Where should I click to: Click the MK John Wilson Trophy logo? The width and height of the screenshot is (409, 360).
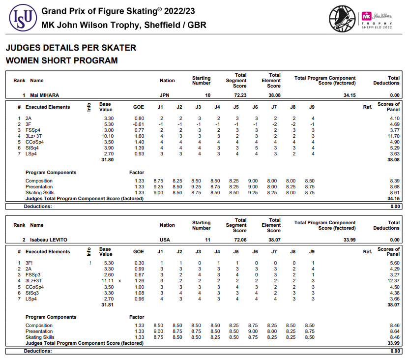click(366, 18)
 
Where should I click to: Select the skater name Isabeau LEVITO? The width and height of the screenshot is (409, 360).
click(49, 240)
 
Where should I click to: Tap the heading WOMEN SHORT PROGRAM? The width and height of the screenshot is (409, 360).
click(61, 60)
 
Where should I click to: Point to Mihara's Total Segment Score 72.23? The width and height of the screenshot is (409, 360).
click(240, 95)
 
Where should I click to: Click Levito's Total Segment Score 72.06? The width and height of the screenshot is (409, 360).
click(240, 240)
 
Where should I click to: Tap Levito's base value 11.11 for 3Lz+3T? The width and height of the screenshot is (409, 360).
click(107, 281)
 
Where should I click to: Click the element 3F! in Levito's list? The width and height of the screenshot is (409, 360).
click(29, 263)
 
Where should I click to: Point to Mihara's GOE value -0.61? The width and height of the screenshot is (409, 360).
click(138, 124)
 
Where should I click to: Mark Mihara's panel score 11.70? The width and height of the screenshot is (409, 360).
click(393, 136)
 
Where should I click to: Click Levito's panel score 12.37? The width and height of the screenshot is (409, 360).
click(393, 281)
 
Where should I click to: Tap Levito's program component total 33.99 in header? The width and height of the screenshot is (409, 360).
click(349, 240)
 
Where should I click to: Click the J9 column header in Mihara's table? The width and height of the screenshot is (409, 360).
click(312, 107)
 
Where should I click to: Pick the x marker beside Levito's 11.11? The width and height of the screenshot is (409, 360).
click(119, 281)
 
